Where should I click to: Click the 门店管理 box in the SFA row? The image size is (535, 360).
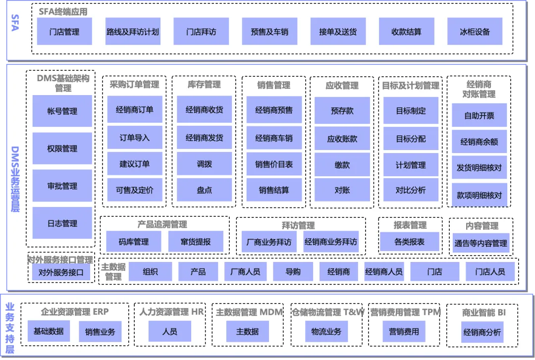(64, 32)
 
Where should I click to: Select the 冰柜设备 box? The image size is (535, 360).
(475, 32)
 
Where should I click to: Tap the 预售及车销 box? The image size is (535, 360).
(269, 32)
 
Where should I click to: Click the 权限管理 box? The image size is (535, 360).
(62, 149)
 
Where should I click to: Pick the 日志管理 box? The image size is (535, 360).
(62, 223)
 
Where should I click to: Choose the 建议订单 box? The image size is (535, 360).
(135, 164)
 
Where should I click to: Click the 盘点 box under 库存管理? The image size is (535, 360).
(204, 190)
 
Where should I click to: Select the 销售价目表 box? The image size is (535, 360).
(274, 164)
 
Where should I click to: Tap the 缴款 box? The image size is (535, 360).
(342, 165)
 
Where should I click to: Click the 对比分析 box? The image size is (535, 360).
(411, 190)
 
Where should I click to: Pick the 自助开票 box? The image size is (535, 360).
(479, 116)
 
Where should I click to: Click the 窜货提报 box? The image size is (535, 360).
(196, 242)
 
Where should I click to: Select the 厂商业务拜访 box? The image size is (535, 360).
(269, 242)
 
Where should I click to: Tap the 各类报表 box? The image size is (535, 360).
(410, 242)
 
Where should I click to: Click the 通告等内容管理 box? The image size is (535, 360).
(481, 243)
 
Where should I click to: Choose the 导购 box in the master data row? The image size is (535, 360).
(293, 271)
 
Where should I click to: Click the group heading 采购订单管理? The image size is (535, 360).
(135, 85)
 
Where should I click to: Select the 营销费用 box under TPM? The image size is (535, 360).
(404, 331)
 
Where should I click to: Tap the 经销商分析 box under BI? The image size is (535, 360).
(482, 332)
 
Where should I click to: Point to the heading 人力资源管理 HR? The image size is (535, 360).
(171, 312)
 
